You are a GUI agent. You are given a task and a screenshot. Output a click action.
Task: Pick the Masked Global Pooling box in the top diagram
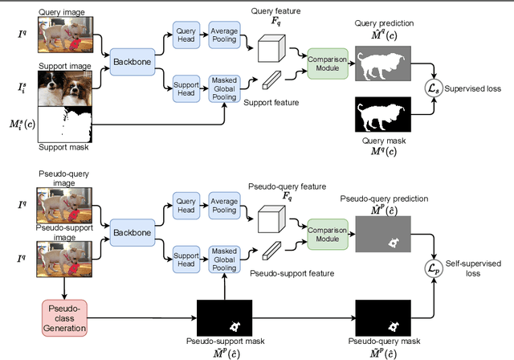[224, 86]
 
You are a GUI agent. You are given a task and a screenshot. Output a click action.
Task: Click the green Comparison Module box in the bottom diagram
[324, 233]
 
